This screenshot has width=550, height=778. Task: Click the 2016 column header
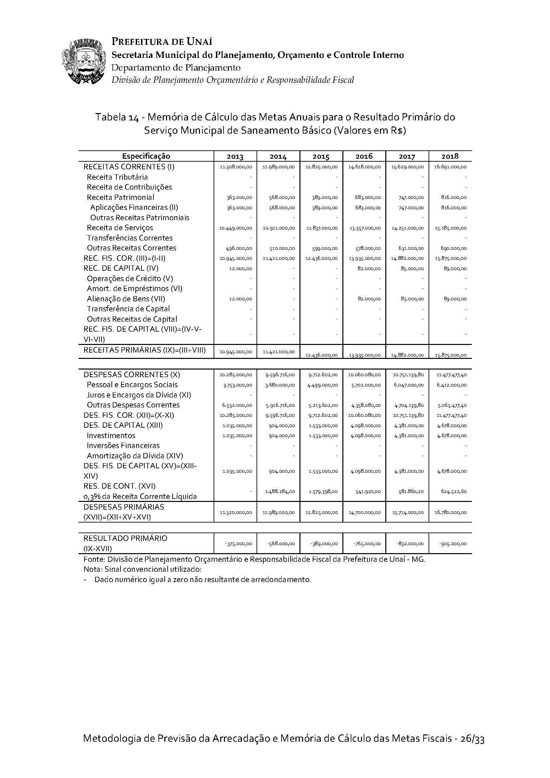[x=364, y=156]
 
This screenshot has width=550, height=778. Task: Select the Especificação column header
[x=146, y=156]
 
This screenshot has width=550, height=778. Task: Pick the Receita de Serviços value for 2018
[x=451, y=229]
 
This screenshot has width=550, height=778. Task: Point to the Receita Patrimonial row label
[x=120, y=197]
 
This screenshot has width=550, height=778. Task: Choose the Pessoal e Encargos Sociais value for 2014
[x=278, y=385]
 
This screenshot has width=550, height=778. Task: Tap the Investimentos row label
[x=111, y=435]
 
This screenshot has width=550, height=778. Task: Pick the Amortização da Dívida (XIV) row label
[x=135, y=456]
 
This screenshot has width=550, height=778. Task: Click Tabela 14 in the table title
[x=116, y=117]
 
